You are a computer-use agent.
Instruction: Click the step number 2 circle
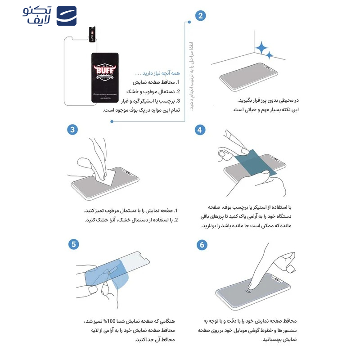click(201, 16)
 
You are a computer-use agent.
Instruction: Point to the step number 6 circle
click(201, 245)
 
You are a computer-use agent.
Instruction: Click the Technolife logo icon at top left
click(66, 16)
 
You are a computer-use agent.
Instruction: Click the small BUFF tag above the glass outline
click(93, 36)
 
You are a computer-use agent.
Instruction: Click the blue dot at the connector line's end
click(112, 121)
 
